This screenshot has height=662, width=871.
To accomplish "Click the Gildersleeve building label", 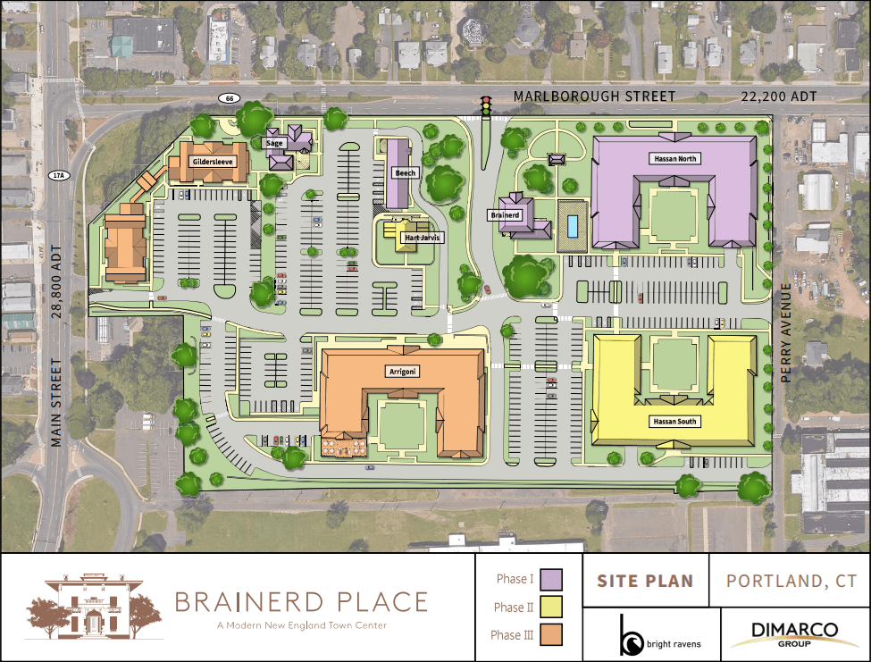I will pyautogui.click(x=213, y=162).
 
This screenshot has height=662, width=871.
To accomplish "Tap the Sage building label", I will pyautogui.click(x=274, y=143).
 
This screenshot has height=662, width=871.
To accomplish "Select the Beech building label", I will pyautogui.click(x=405, y=172).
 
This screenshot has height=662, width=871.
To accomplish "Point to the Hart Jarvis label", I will pyautogui.click(x=411, y=239).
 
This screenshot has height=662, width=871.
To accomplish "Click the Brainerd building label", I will pyautogui.click(x=505, y=215).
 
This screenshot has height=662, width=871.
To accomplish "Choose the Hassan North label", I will pyautogui.click(x=674, y=158).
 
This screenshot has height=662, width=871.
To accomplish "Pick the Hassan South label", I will pyautogui.click(x=674, y=421).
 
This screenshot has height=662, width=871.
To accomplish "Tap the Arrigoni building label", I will pyautogui.click(x=405, y=370).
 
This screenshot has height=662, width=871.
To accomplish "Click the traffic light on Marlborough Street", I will pyautogui.click(x=487, y=106).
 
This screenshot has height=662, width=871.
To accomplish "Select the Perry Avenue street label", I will pyautogui.click(x=787, y=333).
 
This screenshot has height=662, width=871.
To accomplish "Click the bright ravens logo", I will pyautogui.click(x=660, y=634).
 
